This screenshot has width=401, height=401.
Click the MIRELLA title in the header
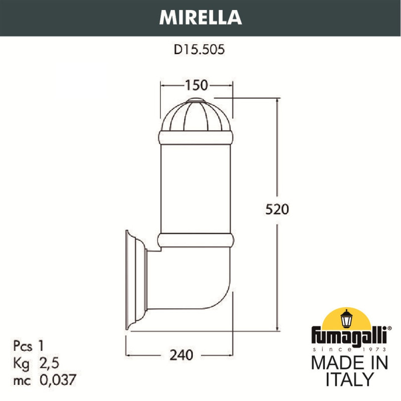pyautogui.click(x=200, y=17)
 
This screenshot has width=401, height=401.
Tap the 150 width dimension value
pyautogui.click(x=196, y=85)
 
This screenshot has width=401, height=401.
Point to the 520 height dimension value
pyautogui.click(x=277, y=209)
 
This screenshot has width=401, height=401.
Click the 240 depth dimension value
pyautogui.click(x=180, y=355)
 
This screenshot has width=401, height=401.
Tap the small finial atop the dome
pyautogui.click(x=196, y=102)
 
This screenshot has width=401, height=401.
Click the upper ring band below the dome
pyautogui.click(x=196, y=136)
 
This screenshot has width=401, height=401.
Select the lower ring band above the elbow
pyautogui.click(x=196, y=241)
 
